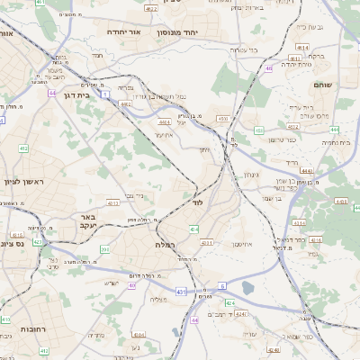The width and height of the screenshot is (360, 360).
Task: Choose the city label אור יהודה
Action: (x=123, y=31)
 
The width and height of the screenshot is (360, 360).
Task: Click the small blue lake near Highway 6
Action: (x=247, y=287)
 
